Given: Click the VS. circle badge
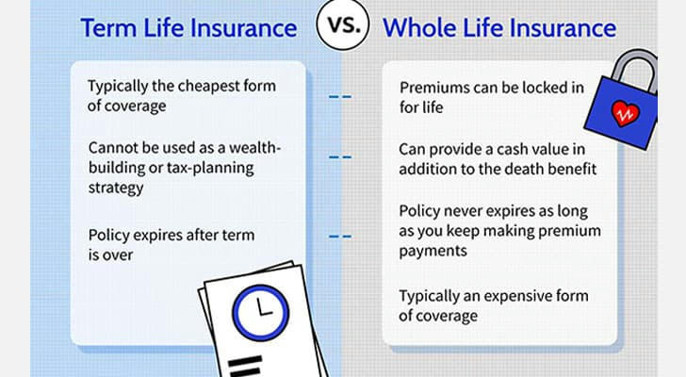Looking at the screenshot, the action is coord(343,25).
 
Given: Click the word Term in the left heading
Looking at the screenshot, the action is coord(108,28).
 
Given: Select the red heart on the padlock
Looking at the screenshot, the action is coord(625,113).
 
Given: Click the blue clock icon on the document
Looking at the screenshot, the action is coord(261,313).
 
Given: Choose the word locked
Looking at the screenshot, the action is coord(533,88).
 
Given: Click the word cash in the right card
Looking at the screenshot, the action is coord(511,150).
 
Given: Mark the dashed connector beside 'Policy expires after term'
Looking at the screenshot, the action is coord(340,237).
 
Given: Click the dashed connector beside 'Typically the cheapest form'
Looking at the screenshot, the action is coord(340,97).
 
